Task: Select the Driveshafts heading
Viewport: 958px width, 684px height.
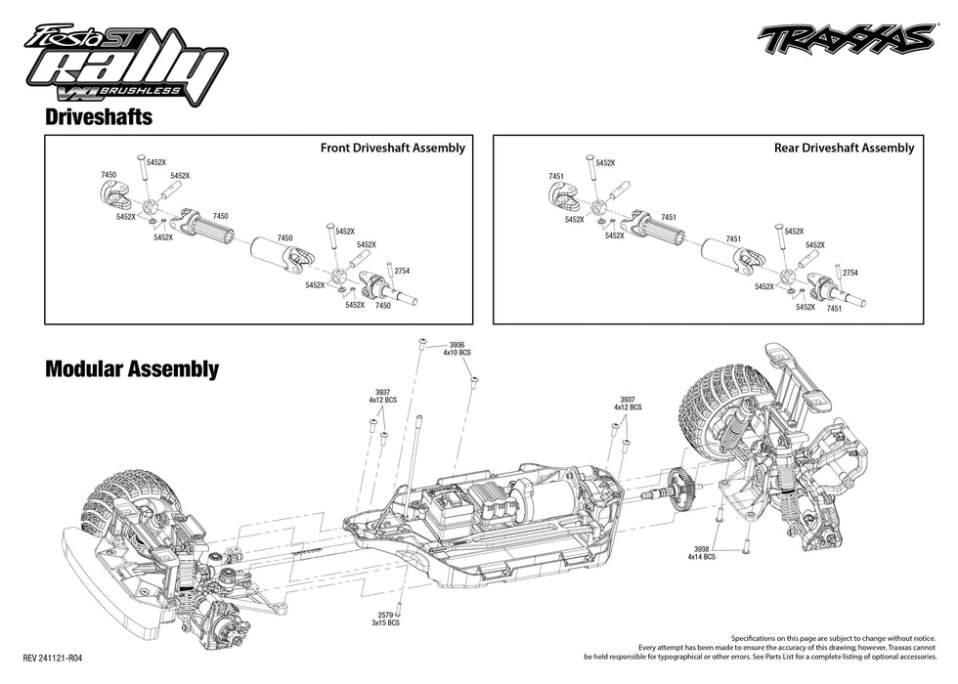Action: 97,116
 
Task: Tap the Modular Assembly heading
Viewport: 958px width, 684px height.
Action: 131,369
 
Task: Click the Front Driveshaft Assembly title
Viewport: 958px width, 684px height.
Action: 392,148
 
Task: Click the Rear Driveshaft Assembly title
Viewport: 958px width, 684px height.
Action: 843,148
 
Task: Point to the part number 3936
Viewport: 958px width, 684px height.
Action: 457,344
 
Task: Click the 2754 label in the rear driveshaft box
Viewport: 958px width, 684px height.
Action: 849,272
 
